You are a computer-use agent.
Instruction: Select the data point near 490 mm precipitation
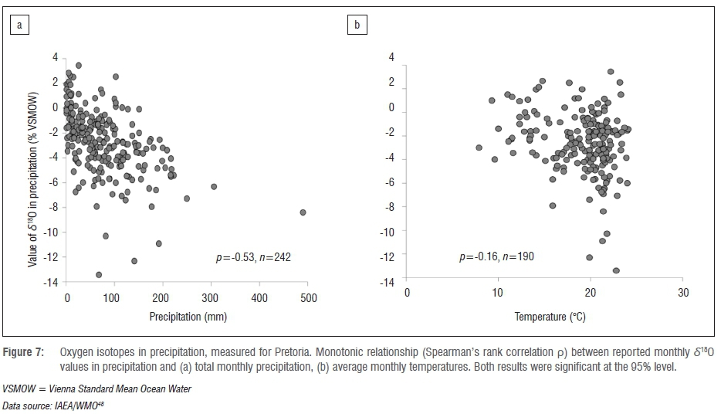coord(303,212)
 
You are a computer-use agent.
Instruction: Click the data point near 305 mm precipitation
coord(214,186)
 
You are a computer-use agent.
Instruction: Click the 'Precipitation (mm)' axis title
coord(188,317)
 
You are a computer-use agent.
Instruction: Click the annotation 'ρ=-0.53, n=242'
coord(252,256)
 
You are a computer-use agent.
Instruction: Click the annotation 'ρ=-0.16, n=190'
coord(496,256)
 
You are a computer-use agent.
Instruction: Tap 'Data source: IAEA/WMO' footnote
coord(47,406)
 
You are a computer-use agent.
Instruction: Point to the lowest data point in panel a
coord(99,274)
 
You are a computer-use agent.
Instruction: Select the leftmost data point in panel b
coord(479,147)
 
